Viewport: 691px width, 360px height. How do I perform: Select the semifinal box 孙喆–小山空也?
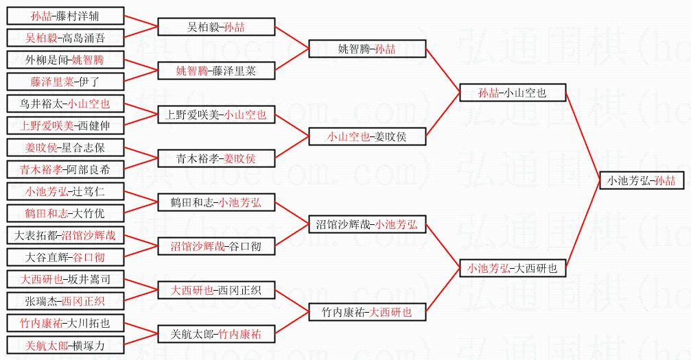tap(512, 93)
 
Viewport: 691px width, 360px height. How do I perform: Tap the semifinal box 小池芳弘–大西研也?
tap(512, 268)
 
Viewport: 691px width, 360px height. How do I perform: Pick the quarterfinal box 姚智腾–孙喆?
tap(367, 49)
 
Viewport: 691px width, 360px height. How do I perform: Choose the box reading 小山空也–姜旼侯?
tap(367, 136)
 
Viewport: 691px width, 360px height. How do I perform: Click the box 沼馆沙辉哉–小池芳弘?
tap(367, 224)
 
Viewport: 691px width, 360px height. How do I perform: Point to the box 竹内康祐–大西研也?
tap(367, 312)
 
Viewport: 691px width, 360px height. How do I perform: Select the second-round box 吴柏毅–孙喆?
tap(216, 27)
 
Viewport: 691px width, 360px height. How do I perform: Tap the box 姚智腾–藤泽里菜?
tap(216, 71)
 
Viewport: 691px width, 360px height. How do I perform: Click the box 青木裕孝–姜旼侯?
tap(216, 158)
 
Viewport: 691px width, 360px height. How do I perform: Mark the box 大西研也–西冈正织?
tap(216, 290)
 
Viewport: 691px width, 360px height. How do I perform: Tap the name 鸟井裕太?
tap(43, 104)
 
